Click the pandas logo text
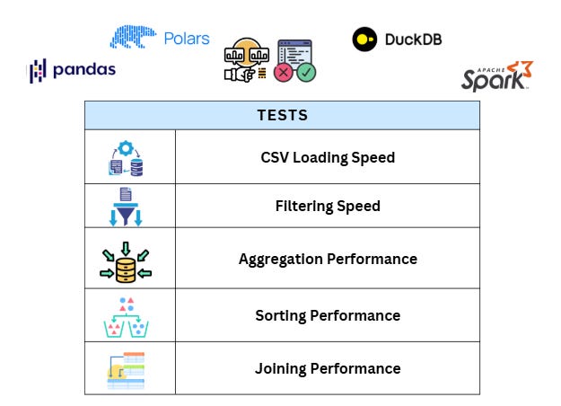(x=82, y=70)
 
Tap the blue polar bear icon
(x=133, y=36)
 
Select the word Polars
(x=186, y=39)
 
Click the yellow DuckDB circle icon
(x=364, y=39)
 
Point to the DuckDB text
(x=413, y=40)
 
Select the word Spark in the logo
(x=492, y=81)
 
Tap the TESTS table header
(x=282, y=115)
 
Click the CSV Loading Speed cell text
(x=328, y=157)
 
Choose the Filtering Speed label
(x=328, y=206)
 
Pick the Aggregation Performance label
(x=328, y=259)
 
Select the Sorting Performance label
(x=328, y=315)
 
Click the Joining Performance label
(x=328, y=368)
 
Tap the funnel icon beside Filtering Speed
(x=126, y=207)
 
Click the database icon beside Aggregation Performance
(x=126, y=265)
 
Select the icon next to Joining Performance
(x=126, y=369)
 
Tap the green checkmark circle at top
(x=307, y=71)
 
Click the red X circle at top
(x=285, y=71)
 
